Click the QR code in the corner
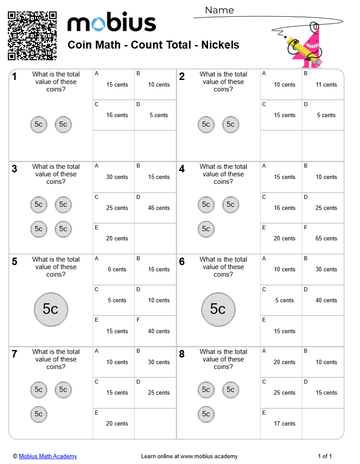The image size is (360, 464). click(32, 36)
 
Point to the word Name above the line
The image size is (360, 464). click(220, 10)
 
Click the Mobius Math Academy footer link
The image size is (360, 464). click(48, 456)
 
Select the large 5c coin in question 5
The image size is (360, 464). click(51, 309)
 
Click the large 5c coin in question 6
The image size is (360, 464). click(218, 309)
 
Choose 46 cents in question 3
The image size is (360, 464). click(159, 208)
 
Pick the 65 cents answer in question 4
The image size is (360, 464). click(326, 238)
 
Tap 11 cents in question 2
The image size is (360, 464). click(326, 84)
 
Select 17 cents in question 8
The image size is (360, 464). click(284, 423)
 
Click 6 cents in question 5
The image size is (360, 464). click(117, 269)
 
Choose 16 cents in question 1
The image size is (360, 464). click(117, 115)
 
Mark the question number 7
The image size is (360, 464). click(15, 354)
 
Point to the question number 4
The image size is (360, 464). click(182, 169)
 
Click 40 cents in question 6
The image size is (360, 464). click(326, 300)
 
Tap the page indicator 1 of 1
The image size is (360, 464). click(325, 456)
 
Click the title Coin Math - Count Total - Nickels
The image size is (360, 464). click(153, 45)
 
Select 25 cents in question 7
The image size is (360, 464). click(159, 392)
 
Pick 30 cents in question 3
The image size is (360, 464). click(117, 177)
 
